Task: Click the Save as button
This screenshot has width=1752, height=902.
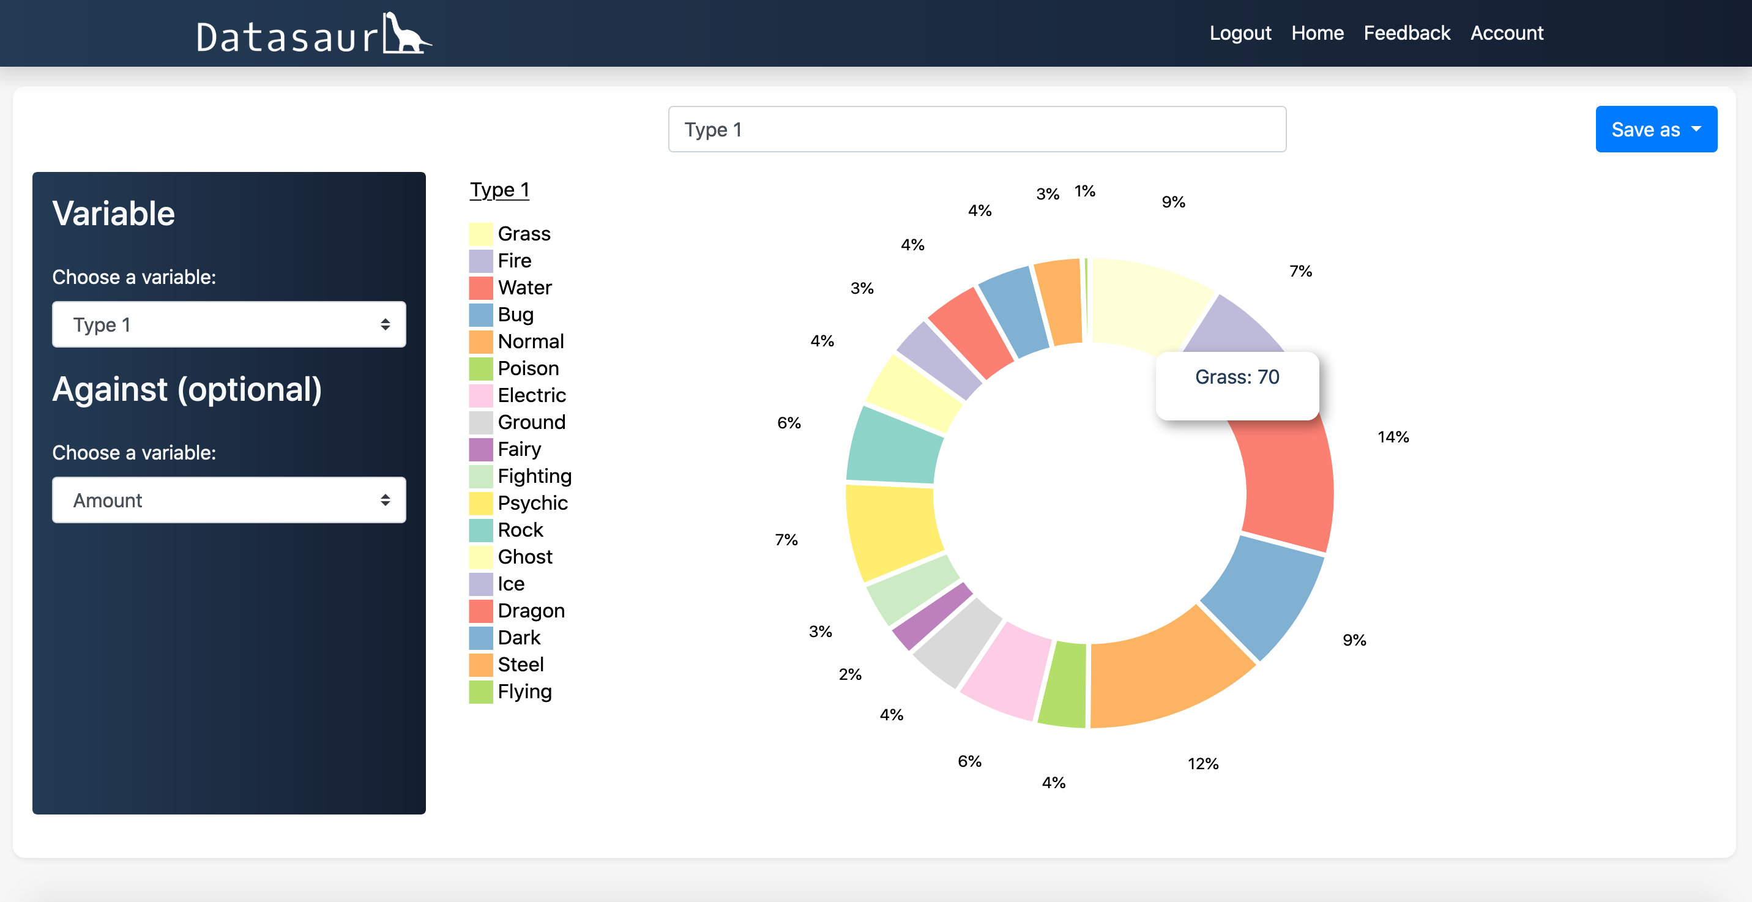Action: click(1655, 129)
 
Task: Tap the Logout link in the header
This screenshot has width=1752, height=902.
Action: click(1240, 32)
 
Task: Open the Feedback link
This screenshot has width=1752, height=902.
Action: click(1406, 32)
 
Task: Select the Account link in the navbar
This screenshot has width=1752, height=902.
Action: click(1507, 32)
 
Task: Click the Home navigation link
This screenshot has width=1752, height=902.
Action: click(1318, 32)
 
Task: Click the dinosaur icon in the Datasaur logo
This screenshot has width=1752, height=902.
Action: click(405, 34)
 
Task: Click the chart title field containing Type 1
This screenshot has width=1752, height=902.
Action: click(977, 129)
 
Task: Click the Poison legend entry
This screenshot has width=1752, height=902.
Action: click(527, 368)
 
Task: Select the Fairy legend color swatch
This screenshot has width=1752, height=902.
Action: click(480, 450)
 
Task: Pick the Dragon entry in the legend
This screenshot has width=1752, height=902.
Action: click(531, 611)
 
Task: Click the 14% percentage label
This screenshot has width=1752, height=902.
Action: click(1393, 438)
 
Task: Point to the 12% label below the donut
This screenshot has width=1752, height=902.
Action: click(1202, 764)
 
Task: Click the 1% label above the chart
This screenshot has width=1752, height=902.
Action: click(1085, 192)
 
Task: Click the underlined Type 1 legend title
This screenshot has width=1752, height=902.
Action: click(499, 190)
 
